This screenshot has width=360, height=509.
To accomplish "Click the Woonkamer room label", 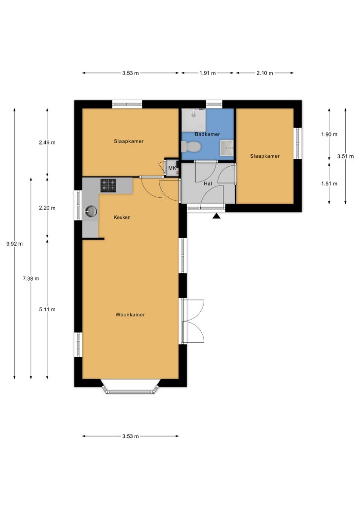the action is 130,315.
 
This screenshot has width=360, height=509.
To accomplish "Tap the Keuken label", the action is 122,218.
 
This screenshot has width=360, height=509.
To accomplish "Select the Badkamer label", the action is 208,134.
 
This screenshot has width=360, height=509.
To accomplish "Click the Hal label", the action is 208,184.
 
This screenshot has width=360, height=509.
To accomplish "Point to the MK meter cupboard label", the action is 172,168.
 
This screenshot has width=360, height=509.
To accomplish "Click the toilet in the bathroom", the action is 191,147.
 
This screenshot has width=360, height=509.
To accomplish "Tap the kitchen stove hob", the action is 108,185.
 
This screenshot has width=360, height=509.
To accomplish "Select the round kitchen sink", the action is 91,211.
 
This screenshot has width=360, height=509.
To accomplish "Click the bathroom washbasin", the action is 226,148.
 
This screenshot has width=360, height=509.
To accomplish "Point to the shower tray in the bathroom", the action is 193,120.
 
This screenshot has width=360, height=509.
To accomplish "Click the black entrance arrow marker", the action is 216,216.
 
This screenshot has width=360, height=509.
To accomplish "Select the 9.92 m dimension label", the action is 14,244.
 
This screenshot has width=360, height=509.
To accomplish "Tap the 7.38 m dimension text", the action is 31,279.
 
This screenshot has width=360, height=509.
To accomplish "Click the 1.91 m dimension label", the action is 208,73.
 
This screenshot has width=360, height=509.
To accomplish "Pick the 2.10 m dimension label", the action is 264,73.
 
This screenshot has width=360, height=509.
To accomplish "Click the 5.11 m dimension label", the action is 47,310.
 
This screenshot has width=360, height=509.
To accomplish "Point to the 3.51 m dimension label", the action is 345,156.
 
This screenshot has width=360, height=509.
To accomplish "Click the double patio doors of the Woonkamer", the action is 192,321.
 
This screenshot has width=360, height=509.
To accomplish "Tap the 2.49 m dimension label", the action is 47,143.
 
